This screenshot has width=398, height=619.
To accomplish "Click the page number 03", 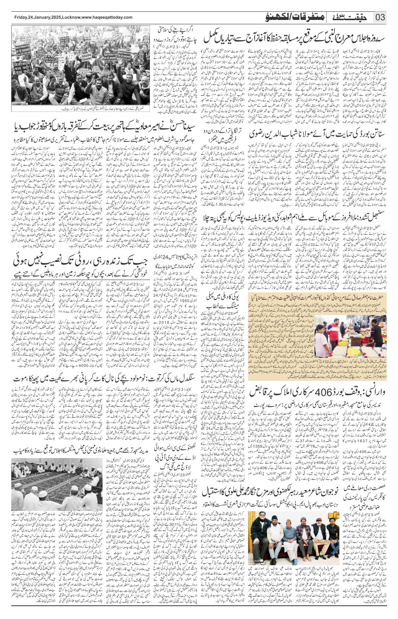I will click(380, 17).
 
